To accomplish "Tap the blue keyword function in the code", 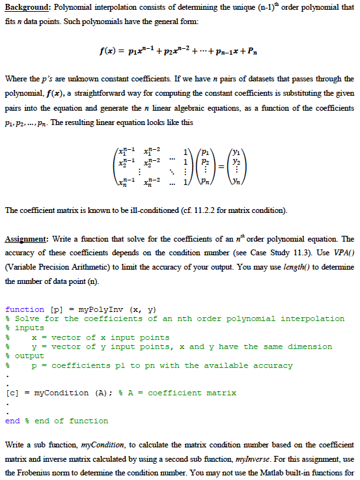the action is pyautogui.click(x=24, y=309).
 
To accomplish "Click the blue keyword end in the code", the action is pyautogui.click(x=12, y=421).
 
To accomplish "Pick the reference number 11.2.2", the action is pyautogui.click(x=170, y=210).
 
